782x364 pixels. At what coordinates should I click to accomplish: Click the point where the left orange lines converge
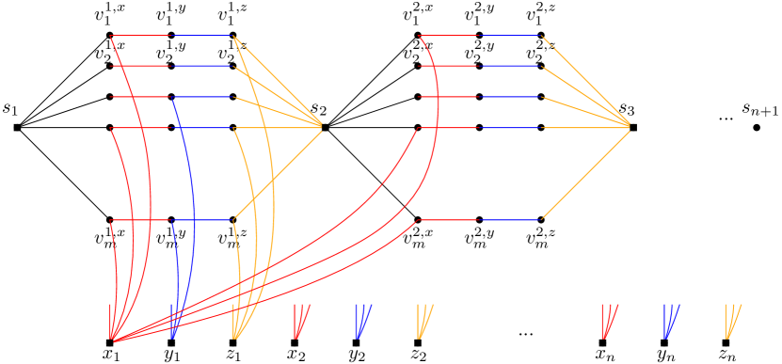[322, 126]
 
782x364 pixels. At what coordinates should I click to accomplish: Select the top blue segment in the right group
[511, 67]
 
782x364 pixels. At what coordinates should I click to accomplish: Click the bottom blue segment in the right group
[511, 220]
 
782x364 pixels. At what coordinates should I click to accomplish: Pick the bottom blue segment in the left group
[202, 220]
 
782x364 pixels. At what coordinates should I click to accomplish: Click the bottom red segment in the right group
[449, 220]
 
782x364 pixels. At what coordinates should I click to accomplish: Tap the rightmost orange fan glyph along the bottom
[732, 321]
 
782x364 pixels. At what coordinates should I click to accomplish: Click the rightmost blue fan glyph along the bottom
[671, 321]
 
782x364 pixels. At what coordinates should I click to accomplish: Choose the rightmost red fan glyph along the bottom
[610, 321]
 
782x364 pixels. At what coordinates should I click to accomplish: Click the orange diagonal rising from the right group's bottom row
[585, 173]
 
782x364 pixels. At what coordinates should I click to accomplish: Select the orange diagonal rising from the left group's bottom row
[278, 173]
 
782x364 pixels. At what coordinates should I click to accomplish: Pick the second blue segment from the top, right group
[511, 97]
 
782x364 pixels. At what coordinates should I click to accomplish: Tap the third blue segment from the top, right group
[511, 128]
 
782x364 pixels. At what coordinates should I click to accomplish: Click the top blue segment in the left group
[202, 67]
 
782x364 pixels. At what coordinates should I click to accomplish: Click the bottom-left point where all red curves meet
[112, 339]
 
